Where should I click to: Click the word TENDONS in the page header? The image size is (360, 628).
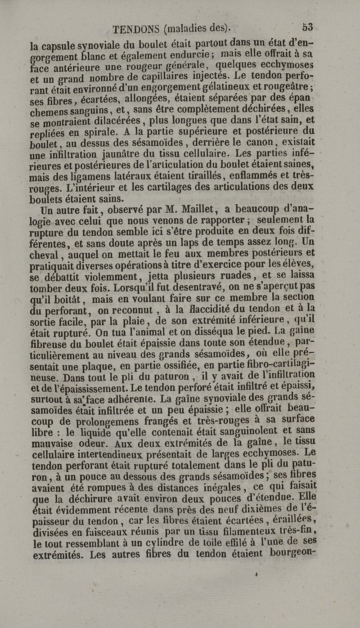[136, 29]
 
